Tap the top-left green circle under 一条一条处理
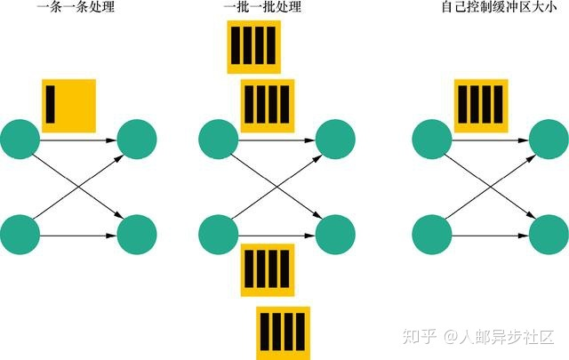click(20, 138)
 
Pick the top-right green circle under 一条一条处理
click(137, 138)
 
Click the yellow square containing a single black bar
click(68, 106)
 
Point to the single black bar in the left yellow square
click(52, 102)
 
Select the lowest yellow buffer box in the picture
click(283, 332)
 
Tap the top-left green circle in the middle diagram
click(219, 138)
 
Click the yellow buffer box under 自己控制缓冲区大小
click(481, 106)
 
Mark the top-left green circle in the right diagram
click(434, 138)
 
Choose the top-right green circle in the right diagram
click(549, 138)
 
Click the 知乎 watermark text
click(419, 337)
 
